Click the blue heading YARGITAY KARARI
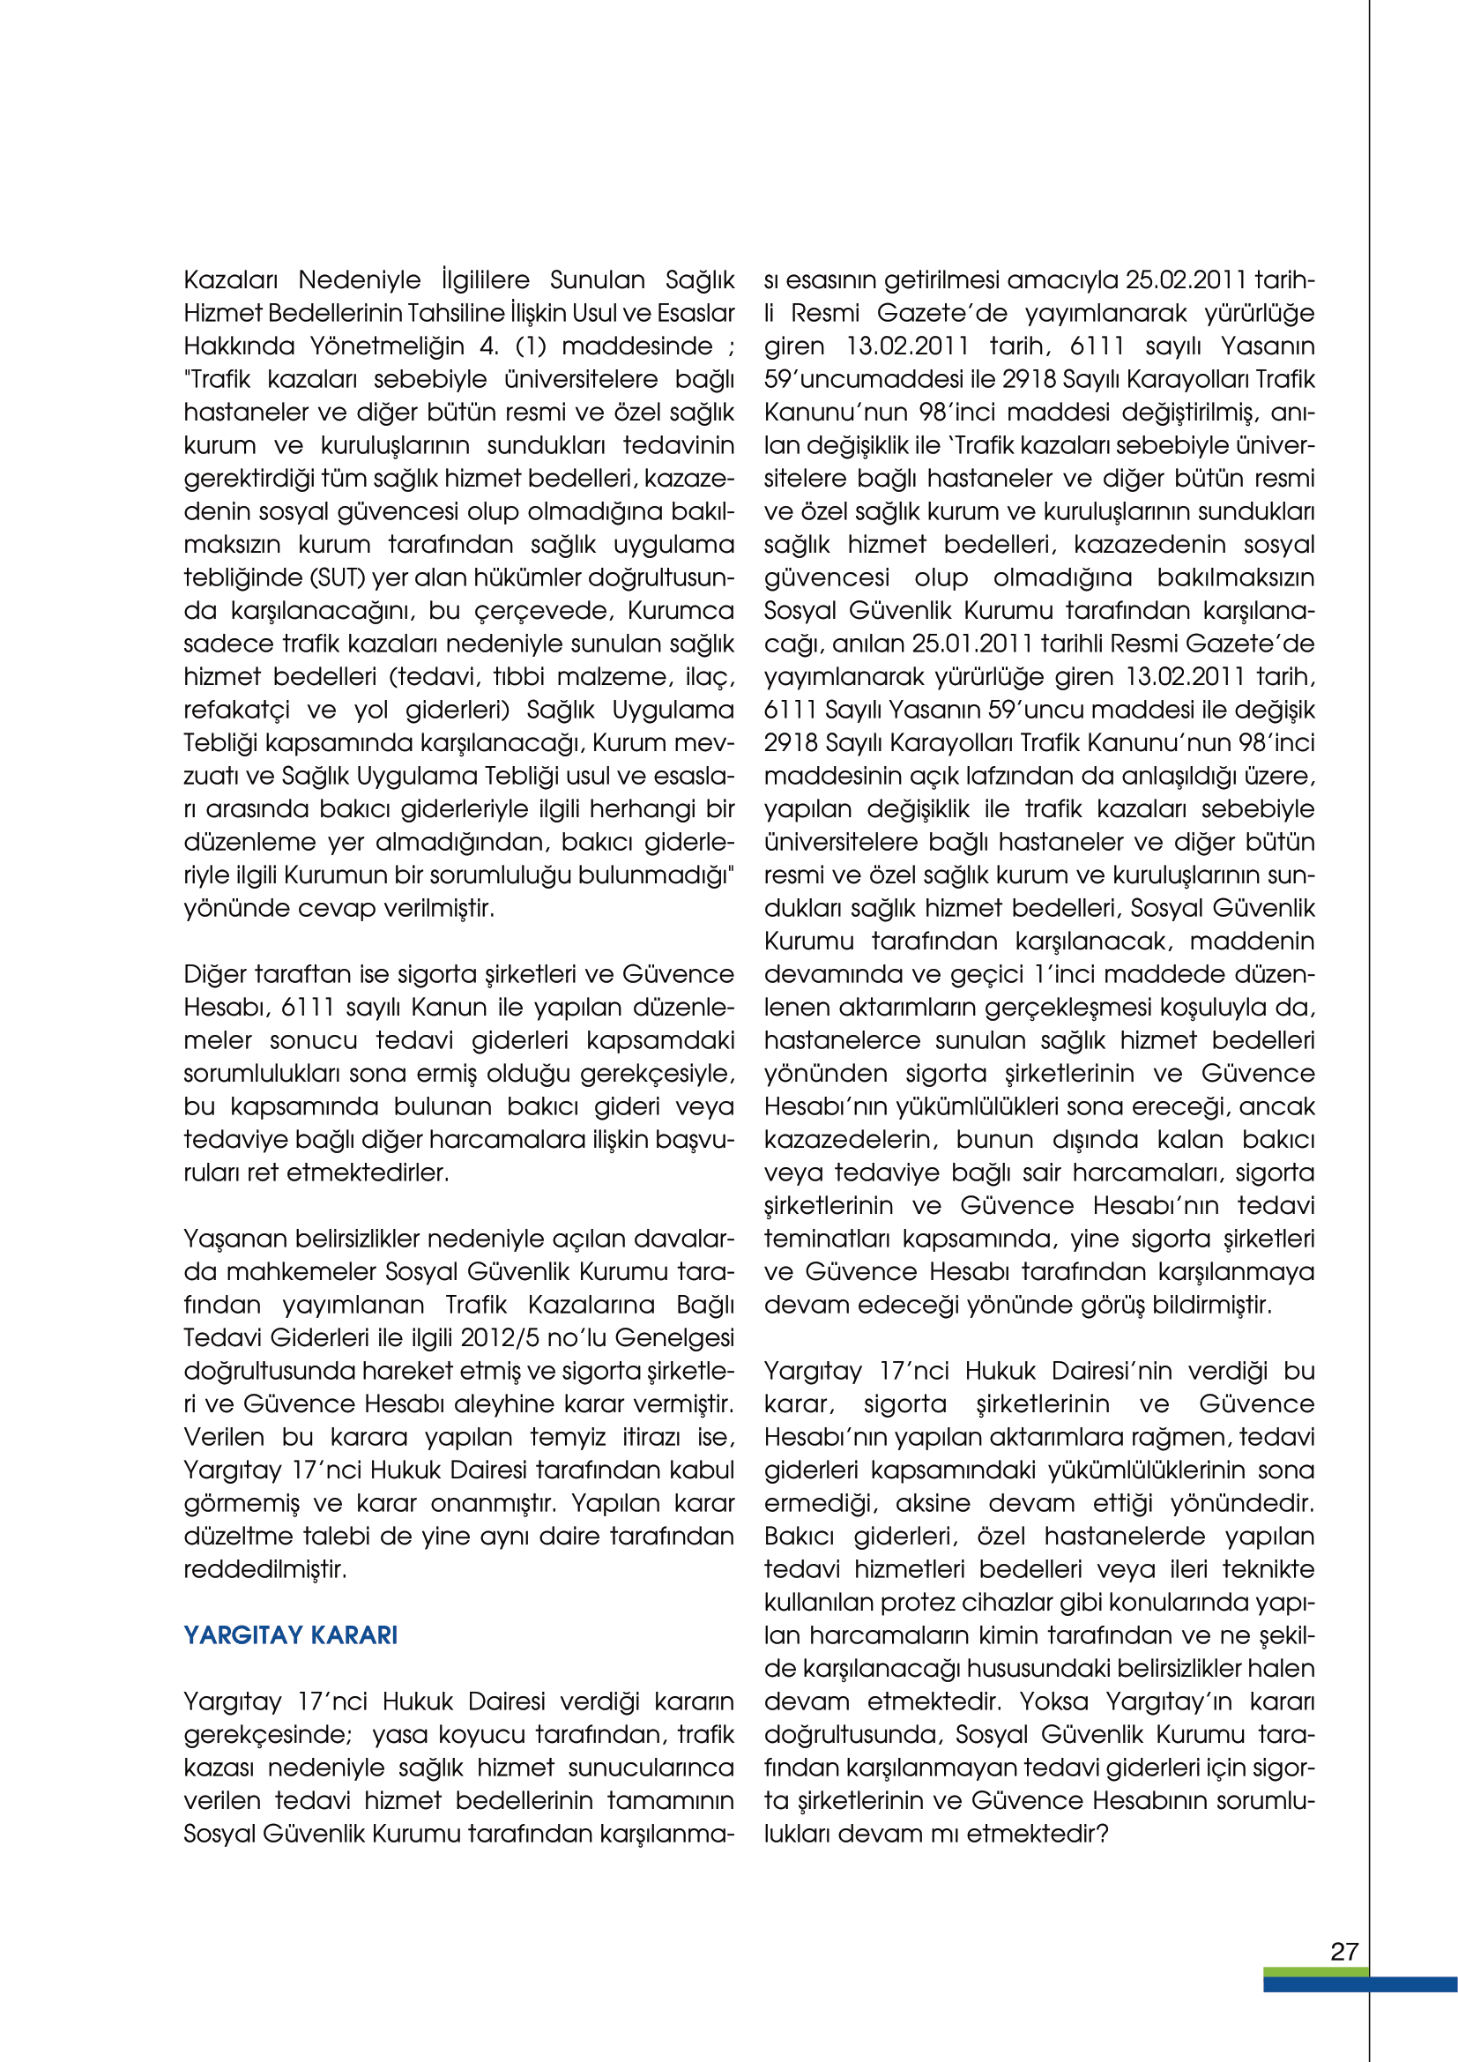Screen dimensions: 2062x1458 (x=290, y=1634)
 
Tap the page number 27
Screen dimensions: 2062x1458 (x=1344, y=1952)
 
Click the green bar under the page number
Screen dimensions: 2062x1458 (x=1315, y=1971)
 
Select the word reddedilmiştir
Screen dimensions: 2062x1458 (x=264, y=1569)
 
